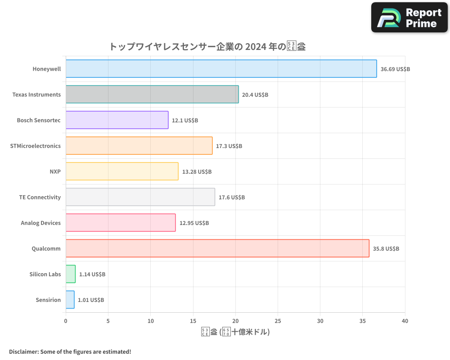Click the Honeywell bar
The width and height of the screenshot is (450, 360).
[x=221, y=69]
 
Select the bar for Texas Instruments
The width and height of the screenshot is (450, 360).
[x=152, y=94]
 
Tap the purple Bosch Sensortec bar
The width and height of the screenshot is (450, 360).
[x=117, y=120]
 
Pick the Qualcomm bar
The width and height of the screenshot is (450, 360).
[x=217, y=248]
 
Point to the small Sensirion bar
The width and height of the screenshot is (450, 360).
[x=70, y=300]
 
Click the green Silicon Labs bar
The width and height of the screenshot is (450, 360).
[x=71, y=274]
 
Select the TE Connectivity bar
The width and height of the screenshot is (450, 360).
[x=140, y=197]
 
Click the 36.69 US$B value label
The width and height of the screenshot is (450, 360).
[x=395, y=69]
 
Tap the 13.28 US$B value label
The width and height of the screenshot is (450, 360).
[x=197, y=172]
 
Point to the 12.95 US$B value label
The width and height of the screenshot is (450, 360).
[x=194, y=223]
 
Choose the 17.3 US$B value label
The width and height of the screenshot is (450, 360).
[x=229, y=146]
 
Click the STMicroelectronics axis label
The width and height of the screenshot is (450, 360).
[x=35, y=146]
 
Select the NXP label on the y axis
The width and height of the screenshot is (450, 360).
[x=55, y=171]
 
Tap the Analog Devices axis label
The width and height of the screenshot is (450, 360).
[x=40, y=223]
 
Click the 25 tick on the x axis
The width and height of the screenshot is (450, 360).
[x=278, y=321]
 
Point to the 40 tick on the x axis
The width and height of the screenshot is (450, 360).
[x=405, y=321]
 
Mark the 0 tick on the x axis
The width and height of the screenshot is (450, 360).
[x=66, y=321]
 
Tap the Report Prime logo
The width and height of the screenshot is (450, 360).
[x=409, y=18]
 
